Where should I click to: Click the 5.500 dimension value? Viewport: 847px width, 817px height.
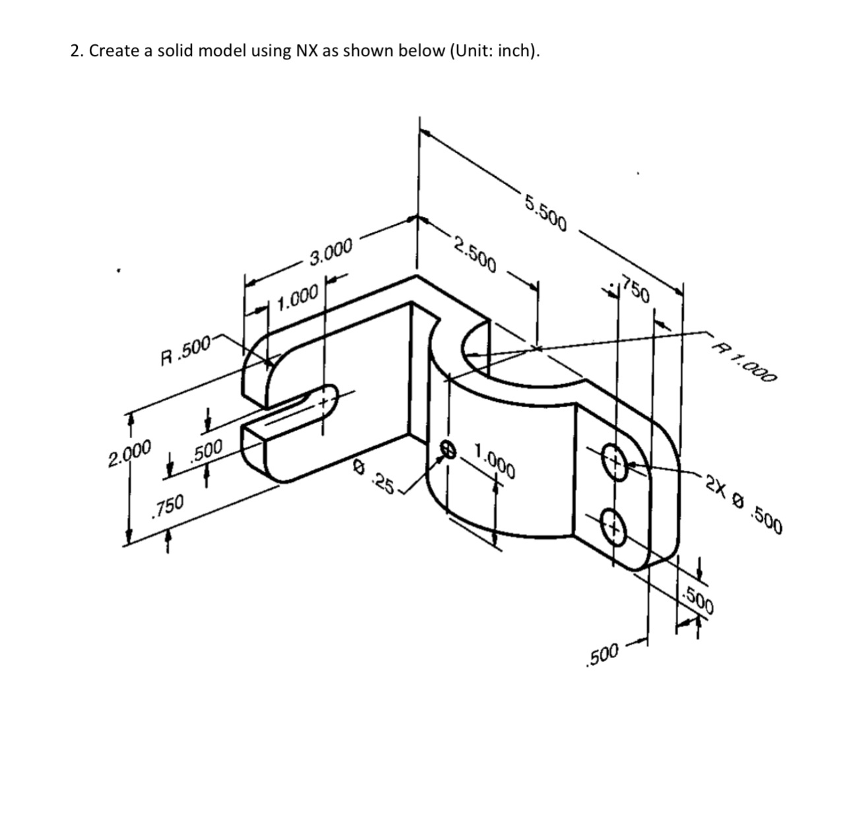(546, 211)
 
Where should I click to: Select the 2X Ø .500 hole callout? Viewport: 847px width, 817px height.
(743, 502)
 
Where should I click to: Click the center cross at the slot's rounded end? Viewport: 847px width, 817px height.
(324, 401)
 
